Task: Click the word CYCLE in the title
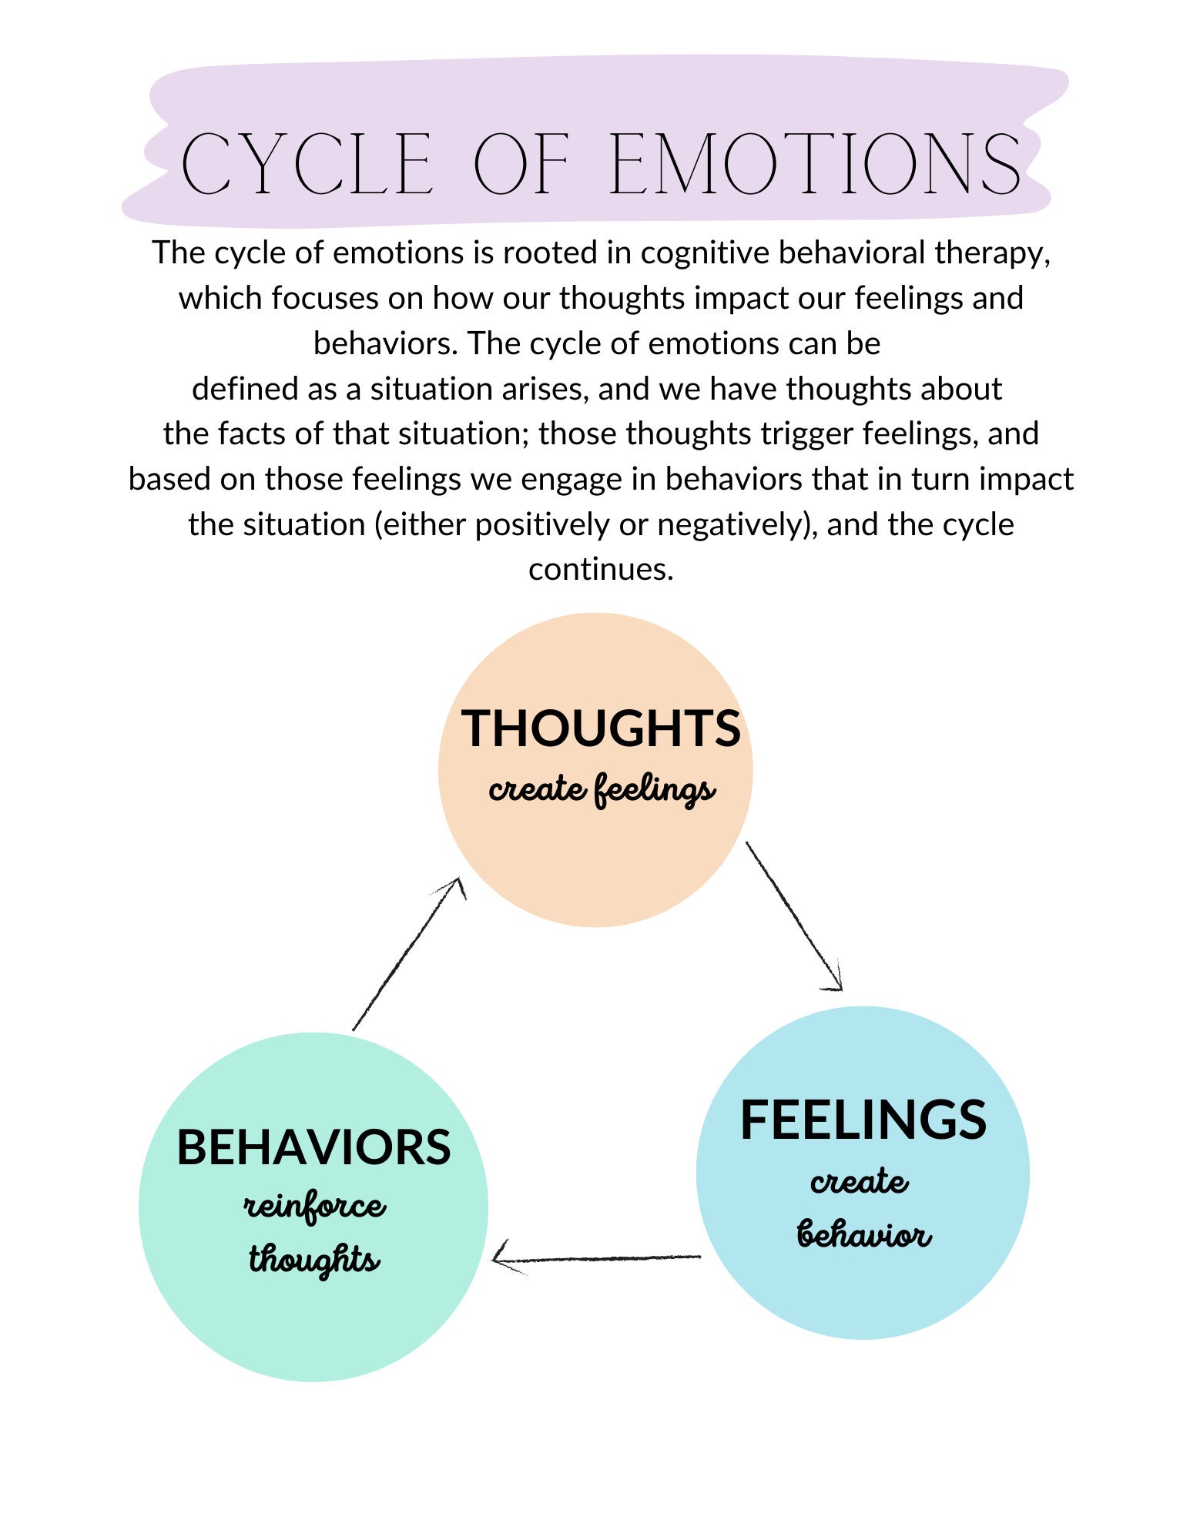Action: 306,164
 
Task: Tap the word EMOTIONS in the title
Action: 815,164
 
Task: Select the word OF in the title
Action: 521,164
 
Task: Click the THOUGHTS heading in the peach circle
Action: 601,728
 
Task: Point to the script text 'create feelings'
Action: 601,790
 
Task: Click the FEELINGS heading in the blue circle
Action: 863,1120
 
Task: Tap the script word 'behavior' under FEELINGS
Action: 863,1234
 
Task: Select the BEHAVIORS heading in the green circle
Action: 313,1147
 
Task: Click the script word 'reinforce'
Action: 314,1207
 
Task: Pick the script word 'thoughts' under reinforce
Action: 313,1260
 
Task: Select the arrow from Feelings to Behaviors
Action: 597,1259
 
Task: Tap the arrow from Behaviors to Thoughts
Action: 408,955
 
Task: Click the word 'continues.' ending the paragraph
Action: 601,569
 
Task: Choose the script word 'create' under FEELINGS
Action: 859,1181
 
